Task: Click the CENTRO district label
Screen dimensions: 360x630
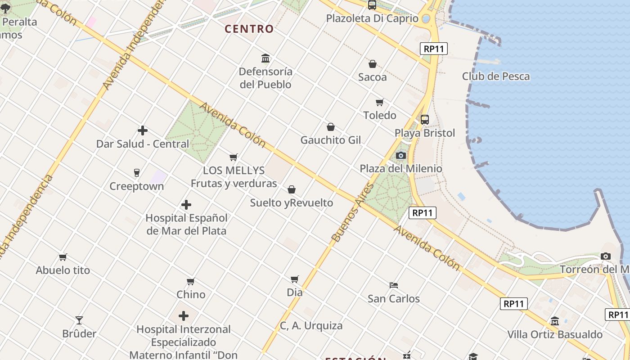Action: click(x=249, y=29)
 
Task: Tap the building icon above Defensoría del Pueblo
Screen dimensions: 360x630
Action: click(x=265, y=58)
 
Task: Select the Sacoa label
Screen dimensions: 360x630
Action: click(x=372, y=77)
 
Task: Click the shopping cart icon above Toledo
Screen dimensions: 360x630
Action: click(x=380, y=102)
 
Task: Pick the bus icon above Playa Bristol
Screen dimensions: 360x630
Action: click(x=424, y=120)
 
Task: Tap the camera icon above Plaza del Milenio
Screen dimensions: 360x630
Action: click(x=400, y=156)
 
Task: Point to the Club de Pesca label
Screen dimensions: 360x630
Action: click(x=496, y=76)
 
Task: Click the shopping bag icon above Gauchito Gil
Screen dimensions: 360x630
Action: click(x=331, y=127)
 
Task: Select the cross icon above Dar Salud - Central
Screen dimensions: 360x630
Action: click(x=143, y=131)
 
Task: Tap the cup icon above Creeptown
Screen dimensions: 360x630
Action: click(x=137, y=172)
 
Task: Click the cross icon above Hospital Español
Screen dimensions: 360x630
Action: click(x=186, y=205)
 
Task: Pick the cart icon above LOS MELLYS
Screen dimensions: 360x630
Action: click(x=234, y=157)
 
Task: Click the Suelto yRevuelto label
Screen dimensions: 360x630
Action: click(x=292, y=202)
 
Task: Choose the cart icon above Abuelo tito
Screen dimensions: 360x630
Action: click(x=63, y=257)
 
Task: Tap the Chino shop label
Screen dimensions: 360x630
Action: click(x=191, y=294)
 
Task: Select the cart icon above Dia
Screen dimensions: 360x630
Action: click(x=295, y=279)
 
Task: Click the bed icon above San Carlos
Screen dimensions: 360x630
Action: click(x=394, y=285)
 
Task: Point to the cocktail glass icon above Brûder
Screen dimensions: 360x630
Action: click(x=79, y=320)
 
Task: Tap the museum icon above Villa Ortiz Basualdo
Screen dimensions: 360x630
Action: click(x=555, y=321)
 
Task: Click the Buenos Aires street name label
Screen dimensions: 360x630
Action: click(x=352, y=212)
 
